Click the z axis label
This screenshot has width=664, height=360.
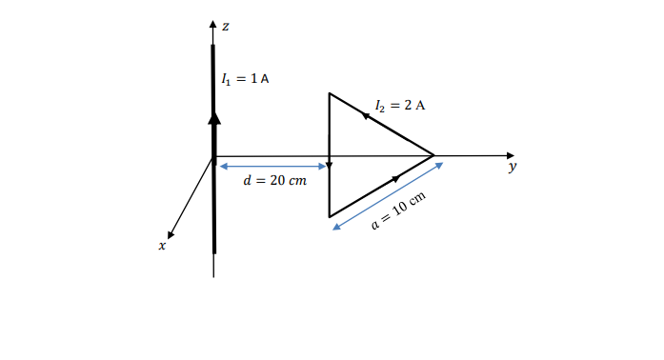coord(225,26)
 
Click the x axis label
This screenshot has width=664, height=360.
coord(162,246)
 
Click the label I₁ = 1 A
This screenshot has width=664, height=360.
coord(244,78)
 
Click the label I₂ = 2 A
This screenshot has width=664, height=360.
coord(400,104)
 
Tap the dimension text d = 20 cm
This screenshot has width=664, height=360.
coord(275,180)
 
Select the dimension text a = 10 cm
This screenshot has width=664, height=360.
coord(397,210)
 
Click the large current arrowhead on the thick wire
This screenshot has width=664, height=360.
coord(214,117)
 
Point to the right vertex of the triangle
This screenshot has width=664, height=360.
coord(434,154)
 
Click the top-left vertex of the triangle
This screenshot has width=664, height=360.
coord(330,93)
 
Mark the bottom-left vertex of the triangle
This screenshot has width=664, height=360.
coord(330,217)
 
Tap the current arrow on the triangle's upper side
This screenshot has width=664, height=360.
coord(365,113)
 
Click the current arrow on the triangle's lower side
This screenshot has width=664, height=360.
coord(394,178)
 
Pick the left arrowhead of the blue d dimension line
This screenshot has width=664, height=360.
coord(222,167)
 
